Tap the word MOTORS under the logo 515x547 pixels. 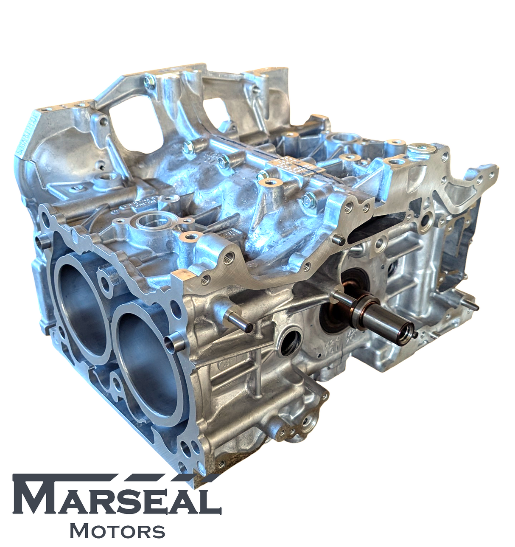[x=117, y=531]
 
